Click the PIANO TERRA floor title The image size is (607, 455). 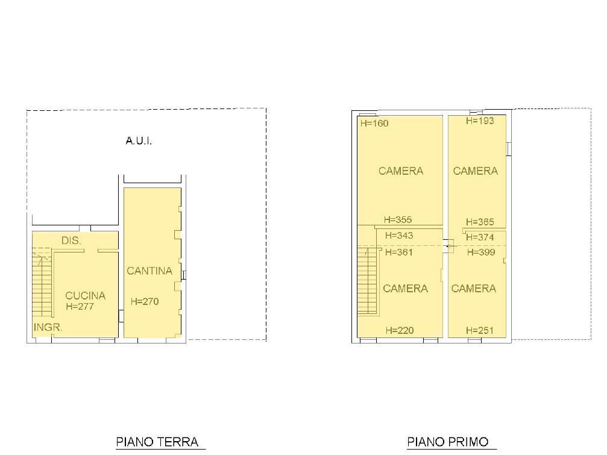pyautogui.click(x=157, y=442)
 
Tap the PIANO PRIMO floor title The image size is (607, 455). pyautogui.click(x=447, y=442)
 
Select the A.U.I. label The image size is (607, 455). pyautogui.click(x=139, y=141)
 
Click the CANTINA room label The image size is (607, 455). pyautogui.click(x=149, y=271)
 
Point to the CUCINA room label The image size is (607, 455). pyautogui.click(x=85, y=295)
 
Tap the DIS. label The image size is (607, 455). pyautogui.click(x=71, y=240)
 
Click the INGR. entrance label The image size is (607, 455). pyautogui.click(x=48, y=327)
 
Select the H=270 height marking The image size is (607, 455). pyautogui.click(x=145, y=301)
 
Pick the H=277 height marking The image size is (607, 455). pyautogui.click(x=80, y=306)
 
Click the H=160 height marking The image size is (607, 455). pyautogui.click(x=374, y=124)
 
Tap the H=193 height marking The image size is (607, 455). pyautogui.click(x=480, y=121)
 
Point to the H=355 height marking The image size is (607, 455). pyautogui.click(x=398, y=220)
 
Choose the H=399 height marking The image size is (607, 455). pyautogui.click(x=481, y=253)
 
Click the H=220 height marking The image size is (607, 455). pyautogui.click(x=400, y=330)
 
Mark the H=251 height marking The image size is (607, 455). pyautogui.click(x=480, y=330)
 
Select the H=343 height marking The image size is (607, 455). pyautogui.click(x=399, y=235)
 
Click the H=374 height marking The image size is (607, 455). pyautogui.click(x=480, y=237)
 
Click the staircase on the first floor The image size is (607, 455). pyautogui.click(x=367, y=280)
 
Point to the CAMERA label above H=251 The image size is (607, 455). pyautogui.click(x=473, y=288)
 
